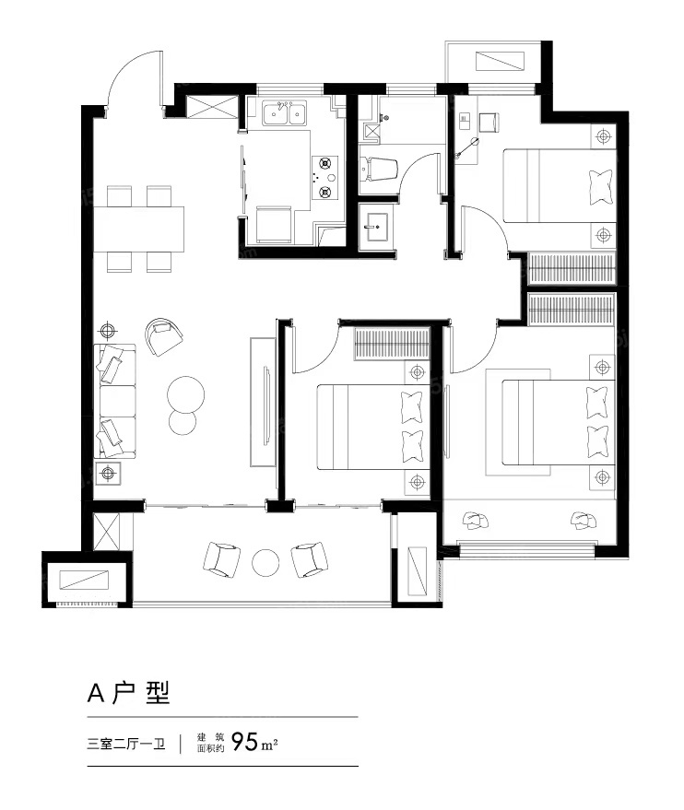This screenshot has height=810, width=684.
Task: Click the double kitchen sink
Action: coord(284,113)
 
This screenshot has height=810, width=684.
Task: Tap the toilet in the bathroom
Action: coord(379,169)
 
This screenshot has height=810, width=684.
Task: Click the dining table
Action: coord(138,229)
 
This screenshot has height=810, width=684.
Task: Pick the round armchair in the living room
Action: coord(163,337)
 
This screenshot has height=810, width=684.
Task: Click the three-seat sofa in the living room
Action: coord(114,402)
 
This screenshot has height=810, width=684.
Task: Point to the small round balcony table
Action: coord(265,561)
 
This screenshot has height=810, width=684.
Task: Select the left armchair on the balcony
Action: coord(221,559)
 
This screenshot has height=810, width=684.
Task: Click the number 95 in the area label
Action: coord(244,743)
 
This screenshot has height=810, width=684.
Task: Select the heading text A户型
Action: coord(129,693)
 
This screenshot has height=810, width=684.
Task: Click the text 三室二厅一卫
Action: coord(126,745)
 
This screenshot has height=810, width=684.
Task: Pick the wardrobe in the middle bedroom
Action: coord(392,344)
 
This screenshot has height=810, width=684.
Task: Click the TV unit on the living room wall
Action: coord(264,403)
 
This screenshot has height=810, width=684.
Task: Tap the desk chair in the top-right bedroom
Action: coord(489,122)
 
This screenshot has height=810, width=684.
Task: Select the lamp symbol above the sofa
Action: coord(107,330)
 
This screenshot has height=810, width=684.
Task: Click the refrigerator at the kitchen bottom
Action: coord(274,224)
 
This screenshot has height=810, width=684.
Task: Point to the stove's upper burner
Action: coord(325,164)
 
